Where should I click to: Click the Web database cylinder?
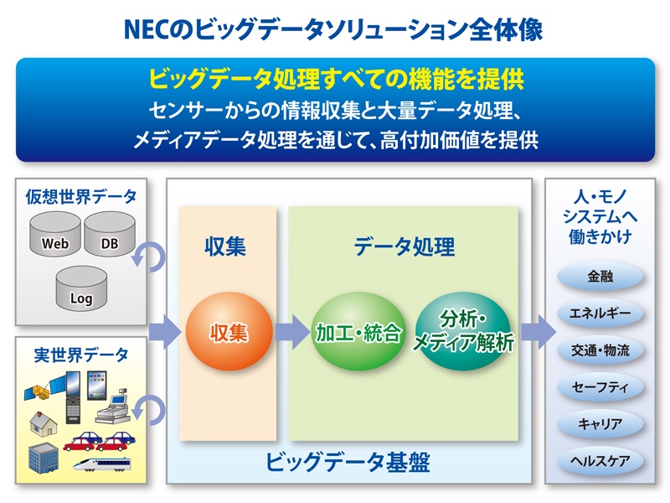pos(55,234)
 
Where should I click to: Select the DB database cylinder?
pos(110,234)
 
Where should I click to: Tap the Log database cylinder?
pos(81,288)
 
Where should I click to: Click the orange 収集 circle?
pos(229,331)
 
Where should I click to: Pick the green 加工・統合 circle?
pos(358,331)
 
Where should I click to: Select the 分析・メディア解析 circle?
pos(463,331)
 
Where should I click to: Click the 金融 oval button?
pos(600,277)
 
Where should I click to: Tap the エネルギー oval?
pos(600,313)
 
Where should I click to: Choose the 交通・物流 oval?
pos(600,350)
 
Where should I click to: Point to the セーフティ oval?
pos(600,387)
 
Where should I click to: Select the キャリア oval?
pos(600,424)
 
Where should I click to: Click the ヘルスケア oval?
pos(600,460)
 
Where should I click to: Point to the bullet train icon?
pos(101,464)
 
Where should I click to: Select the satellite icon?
pos(45,387)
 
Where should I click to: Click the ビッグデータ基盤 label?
pos(348,462)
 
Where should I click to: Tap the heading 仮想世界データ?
pos(80,197)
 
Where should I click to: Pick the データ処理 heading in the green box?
pos(405,246)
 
